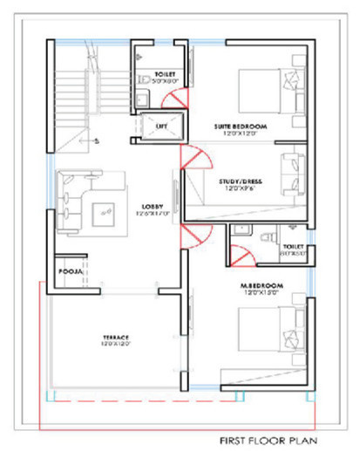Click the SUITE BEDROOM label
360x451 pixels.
tap(241, 127)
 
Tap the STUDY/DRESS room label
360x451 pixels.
tap(242, 181)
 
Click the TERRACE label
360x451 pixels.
tap(115, 337)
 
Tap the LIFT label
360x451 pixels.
tap(161, 126)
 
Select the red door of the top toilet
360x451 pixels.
tap(174, 98)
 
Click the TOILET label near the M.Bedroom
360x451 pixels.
tap(293, 248)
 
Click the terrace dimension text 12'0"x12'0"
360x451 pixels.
tap(115, 345)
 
